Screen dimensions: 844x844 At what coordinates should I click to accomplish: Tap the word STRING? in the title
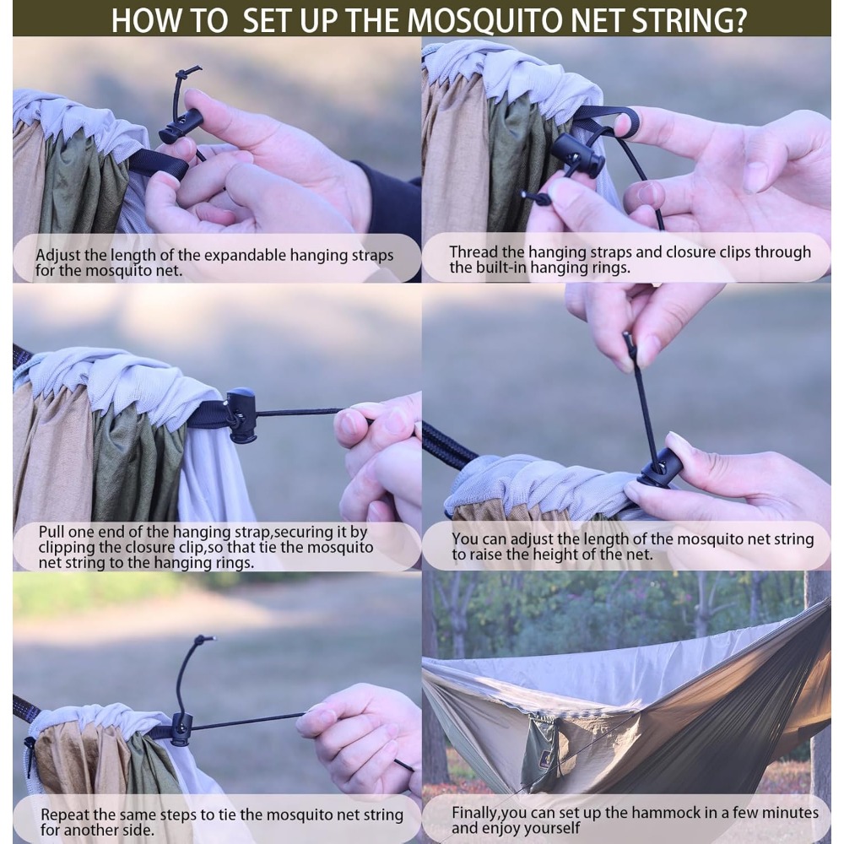click(x=689, y=20)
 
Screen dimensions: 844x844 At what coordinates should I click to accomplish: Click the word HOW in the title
click(x=142, y=20)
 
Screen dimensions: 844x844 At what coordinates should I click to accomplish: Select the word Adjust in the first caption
click(x=58, y=256)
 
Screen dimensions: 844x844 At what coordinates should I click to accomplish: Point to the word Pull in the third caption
click(x=51, y=532)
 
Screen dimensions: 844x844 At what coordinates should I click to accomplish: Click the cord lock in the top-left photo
click(x=180, y=127)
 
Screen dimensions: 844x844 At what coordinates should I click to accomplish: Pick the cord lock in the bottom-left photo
click(x=181, y=729)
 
